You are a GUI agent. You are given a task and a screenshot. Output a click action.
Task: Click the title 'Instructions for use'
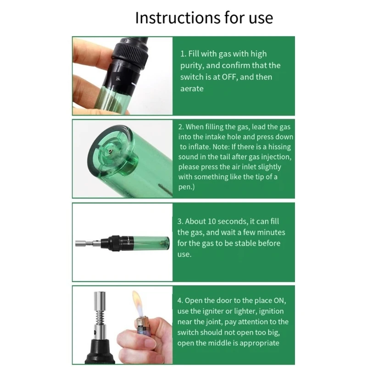click(204, 17)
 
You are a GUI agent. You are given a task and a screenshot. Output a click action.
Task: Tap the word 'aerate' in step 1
click(192, 89)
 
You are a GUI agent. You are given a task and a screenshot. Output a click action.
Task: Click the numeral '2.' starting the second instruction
click(181, 127)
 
